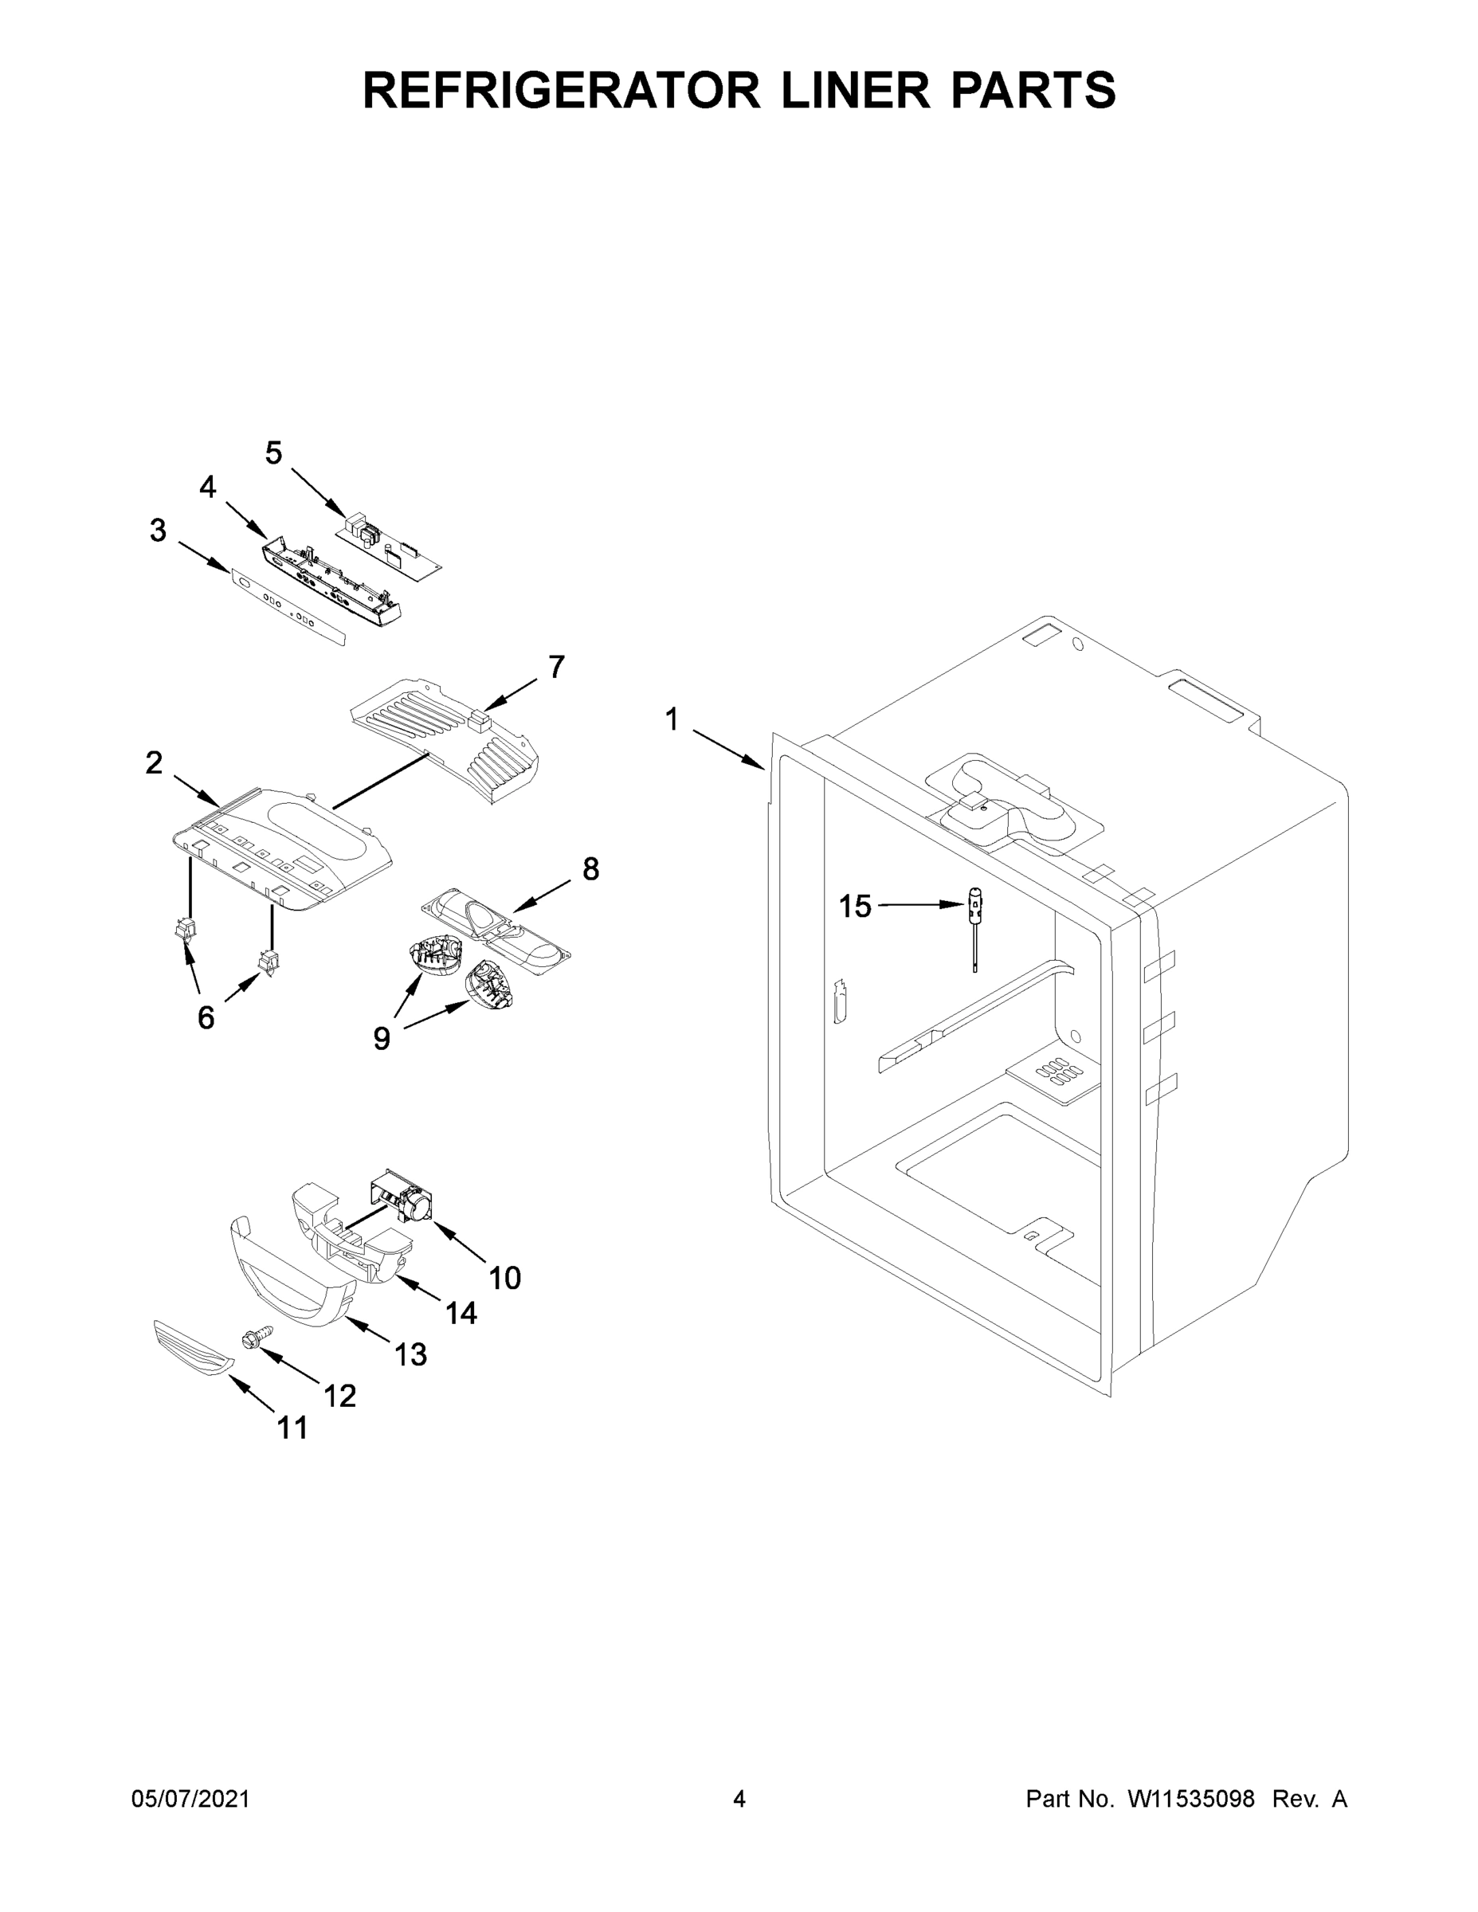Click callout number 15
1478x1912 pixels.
[x=855, y=906]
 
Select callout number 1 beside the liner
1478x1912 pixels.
[x=671, y=719]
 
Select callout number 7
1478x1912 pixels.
[x=557, y=667]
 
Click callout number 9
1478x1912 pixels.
[x=382, y=1038]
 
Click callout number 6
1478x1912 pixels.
[x=206, y=1017]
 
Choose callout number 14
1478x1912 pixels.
[x=461, y=1312]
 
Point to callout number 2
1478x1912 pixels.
[x=154, y=762]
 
